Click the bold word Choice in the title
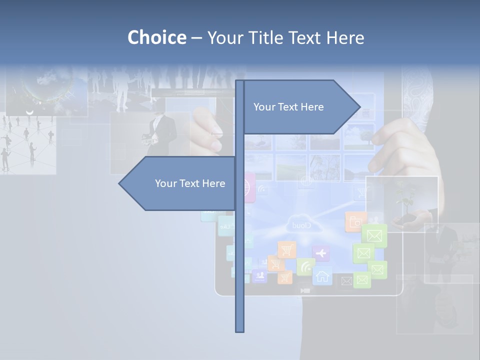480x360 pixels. [156, 37]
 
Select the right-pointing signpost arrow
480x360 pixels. [300, 107]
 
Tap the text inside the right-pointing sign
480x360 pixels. [288, 107]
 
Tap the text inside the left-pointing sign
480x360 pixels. [190, 183]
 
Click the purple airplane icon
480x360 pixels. [320, 253]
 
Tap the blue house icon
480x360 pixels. [322, 275]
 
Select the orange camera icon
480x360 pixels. [355, 221]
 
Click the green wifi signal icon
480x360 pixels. [305, 266]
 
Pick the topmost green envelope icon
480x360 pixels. [374, 235]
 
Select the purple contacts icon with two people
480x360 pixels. [259, 275]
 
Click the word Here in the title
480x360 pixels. [345, 37]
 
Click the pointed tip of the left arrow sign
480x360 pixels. [120, 183]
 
